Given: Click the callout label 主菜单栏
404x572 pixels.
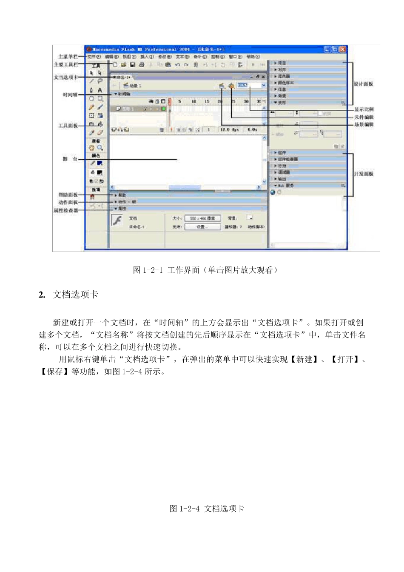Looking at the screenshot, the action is (68, 57).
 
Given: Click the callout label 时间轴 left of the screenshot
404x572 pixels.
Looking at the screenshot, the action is (70, 95).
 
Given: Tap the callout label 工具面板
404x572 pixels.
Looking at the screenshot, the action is (68, 126).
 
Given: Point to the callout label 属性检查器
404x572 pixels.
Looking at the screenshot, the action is (65, 210).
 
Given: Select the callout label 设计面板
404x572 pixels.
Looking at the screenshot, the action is (364, 84).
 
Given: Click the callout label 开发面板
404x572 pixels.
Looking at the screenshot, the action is (364, 174).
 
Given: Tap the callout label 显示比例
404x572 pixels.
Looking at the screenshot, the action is (364, 110).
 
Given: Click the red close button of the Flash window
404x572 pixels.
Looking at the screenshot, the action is (343, 49).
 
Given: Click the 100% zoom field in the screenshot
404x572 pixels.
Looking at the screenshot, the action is (243, 86).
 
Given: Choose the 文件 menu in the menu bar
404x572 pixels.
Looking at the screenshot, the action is (94, 57).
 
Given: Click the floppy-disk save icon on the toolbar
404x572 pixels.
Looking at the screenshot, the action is (132, 65).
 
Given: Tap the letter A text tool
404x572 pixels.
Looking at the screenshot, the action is (100, 90).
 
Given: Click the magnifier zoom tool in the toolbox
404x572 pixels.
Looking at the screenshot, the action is (100, 148).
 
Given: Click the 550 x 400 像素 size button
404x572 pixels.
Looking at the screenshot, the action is (202, 218).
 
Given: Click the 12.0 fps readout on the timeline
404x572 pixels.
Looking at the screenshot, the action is (230, 129).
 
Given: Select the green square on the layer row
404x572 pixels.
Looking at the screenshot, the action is (163, 109).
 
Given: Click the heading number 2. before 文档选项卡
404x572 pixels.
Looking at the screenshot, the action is (42, 295).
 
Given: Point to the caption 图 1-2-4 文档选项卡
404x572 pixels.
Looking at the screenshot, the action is (207, 509).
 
